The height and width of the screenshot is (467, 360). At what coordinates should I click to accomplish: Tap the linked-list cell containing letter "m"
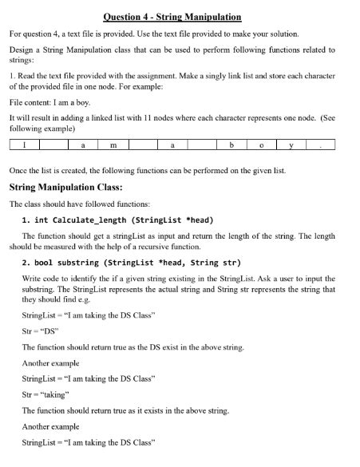point(113,145)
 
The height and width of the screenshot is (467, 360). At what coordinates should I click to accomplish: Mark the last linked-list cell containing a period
point(321,145)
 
